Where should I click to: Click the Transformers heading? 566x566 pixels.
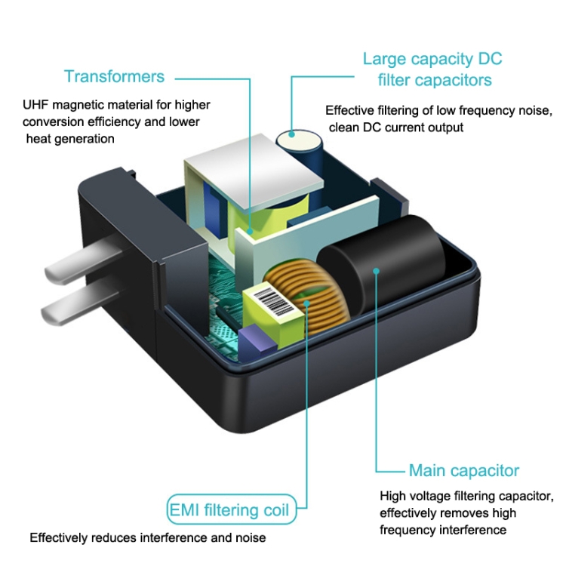114,76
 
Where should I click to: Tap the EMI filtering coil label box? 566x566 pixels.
228,510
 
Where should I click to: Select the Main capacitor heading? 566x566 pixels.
464,471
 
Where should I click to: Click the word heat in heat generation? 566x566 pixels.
38,138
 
